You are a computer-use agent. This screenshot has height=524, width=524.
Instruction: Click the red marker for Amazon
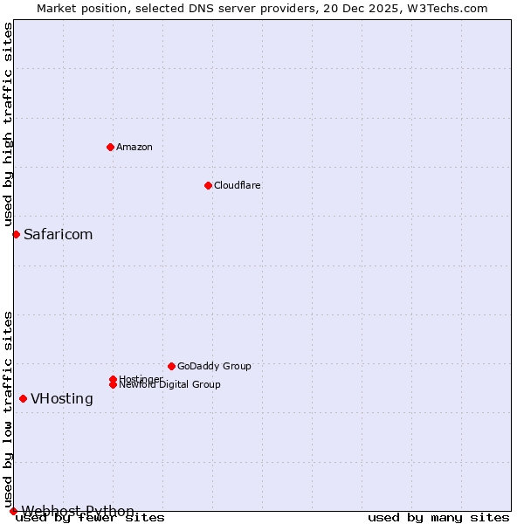[x=110, y=147]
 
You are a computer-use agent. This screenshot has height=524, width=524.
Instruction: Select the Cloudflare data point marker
[x=208, y=185]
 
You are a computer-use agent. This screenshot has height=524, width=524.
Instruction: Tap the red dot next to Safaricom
[x=16, y=234]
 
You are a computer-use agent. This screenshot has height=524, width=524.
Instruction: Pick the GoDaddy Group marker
[x=171, y=366]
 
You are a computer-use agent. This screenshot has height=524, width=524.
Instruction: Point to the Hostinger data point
[x=113, y=379]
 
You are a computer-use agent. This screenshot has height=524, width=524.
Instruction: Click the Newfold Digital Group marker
[x=113, y=384]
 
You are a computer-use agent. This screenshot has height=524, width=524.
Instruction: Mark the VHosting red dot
[x=23, y=398]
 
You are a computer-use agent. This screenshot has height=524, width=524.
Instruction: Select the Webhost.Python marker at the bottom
[x=13, y=511]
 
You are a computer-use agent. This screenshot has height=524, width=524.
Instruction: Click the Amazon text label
[x=134, y=147]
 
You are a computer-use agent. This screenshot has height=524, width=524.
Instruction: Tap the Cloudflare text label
[x=237, y=185]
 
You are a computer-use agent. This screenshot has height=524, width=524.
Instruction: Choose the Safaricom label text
[x=58, y=234]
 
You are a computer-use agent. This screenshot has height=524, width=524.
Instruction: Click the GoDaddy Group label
[x=214, y=366]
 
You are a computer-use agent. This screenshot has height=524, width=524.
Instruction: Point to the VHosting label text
[x=62, y=398]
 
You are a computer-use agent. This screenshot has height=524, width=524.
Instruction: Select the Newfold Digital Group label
[x=169, y=385]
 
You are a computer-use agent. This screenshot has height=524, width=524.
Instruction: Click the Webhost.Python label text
[x=78, y=511]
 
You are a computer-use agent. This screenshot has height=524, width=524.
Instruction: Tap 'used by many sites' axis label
[x=438, y=518]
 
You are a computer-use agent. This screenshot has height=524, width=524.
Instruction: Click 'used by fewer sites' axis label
[x=91, y=518]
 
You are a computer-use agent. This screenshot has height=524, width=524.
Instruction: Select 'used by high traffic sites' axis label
[x=8, y=125]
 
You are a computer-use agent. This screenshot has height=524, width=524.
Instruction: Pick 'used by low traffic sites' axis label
[x=8, y=409]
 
